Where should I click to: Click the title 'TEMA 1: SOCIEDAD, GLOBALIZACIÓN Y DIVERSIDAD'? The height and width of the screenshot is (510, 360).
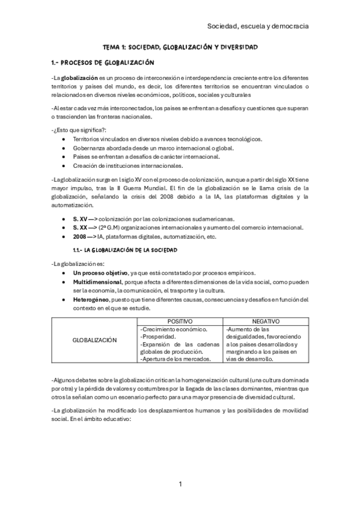pyautogui.click(x=180, y=46)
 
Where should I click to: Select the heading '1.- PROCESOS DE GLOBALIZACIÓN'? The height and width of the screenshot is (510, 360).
pyautogui.click(x=103, y=63)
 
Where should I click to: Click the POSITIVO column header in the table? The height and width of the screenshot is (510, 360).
pyautogui.click(x=180, y=322)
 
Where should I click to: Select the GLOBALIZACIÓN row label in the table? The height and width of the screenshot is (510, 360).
pyautogui.click(x=94, y=340)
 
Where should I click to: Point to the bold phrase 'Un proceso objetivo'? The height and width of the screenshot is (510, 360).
pyautogui.click(x=100, y=273)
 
